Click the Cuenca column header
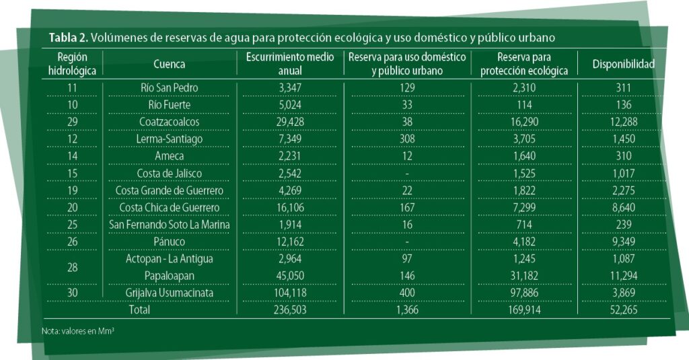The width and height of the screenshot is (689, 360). point(169,65)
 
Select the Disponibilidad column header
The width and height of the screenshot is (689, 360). point(623,65)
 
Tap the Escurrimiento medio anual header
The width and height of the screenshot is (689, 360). point(289,64)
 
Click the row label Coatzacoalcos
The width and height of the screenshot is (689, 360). point(169,122)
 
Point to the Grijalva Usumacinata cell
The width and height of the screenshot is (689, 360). point(169,293)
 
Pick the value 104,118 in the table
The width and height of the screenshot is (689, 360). point(289,293)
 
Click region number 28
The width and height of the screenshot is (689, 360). point(72,267)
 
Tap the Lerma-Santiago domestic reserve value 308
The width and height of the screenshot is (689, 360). point(407,139)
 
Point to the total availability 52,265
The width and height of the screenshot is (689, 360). point(623,310)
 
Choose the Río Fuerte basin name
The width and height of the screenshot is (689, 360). point(169,104)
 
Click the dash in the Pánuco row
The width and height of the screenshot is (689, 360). point(407,242)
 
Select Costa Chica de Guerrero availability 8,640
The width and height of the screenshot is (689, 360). point(623,207)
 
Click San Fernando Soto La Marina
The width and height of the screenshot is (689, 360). point(169,225)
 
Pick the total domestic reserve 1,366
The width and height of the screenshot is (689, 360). point(407,310)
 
